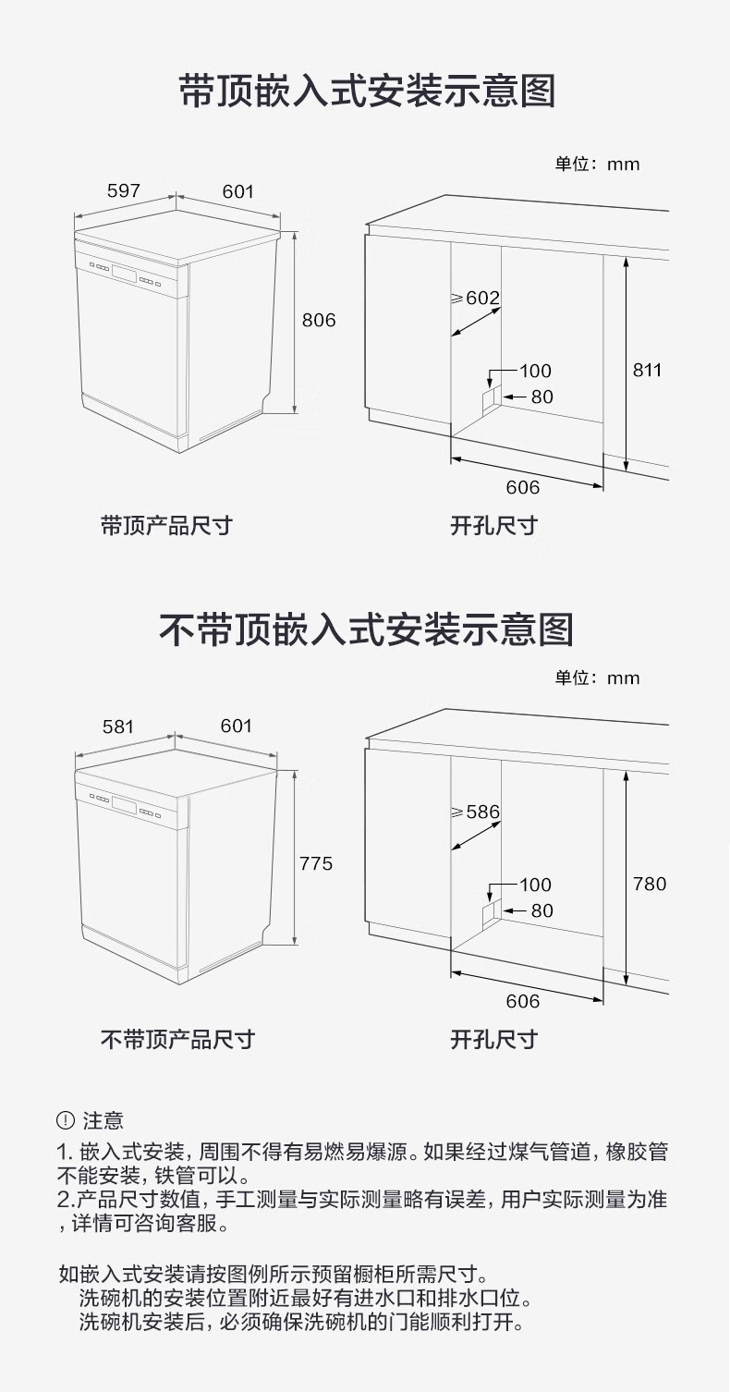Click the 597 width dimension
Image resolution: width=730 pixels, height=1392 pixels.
[123, 190]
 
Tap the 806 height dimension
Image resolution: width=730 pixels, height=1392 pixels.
[319, 321]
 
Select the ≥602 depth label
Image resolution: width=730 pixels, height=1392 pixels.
[475, 298]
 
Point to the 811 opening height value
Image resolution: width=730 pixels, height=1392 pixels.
[647, 370]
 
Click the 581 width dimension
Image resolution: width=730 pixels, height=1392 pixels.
[118, 727]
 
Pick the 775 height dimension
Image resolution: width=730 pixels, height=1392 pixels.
[316, 863]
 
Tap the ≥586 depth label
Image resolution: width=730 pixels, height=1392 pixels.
[475, 812]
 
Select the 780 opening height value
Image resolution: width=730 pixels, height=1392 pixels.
[649, 885]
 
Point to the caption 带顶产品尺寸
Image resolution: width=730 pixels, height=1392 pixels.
[166, 526]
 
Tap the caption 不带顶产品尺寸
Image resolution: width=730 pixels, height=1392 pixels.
[176, 1040]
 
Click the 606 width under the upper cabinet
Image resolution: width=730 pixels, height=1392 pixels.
[522, 487]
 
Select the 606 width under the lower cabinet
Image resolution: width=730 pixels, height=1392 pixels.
[522, 1001]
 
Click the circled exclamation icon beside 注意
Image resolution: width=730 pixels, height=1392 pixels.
[65, 1120]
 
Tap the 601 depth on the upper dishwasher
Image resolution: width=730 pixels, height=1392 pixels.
[237, 191]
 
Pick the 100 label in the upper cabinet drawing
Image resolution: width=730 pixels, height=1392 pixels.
[535, 371]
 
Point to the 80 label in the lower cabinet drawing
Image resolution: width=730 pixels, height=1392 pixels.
[541, 910]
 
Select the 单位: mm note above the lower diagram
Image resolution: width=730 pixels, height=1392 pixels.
[597, 678]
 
